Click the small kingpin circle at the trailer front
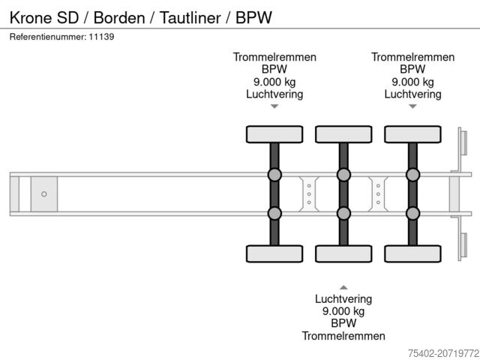tap(44, 194)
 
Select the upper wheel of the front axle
tap(274, 134)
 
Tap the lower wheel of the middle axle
tap(343, 253)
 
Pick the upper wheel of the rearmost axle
tap(412, 134)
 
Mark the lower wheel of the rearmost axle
tap(412, 253)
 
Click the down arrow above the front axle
tap(274, 106)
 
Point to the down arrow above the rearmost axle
tap(412, 106)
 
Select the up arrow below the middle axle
tap(343, 286)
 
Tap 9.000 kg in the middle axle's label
tap(343, 311)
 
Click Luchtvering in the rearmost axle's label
tap(412, 94)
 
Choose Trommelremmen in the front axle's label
tap(274, 57)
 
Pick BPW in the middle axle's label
tap(343, 323)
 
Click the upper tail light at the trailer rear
tap(463, 143)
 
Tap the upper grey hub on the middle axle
tap(343, 175)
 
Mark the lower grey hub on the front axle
tap(274, 213)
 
